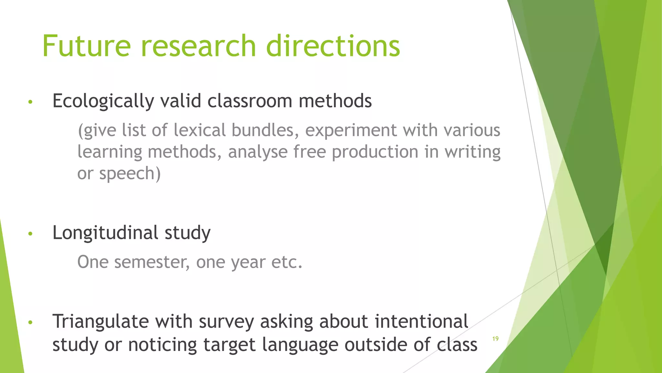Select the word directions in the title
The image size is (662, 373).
pos(333,46)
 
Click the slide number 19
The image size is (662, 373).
pos(495,339)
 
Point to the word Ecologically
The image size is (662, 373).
pos(103,101)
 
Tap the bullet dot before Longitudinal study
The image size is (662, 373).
pos(30,233)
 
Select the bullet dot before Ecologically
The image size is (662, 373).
pos(30,102)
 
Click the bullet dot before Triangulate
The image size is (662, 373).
pos(30,322)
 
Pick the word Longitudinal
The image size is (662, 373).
pos(105,232)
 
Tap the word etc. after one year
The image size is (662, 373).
pos(287,262)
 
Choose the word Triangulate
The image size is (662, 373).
pos(101,322)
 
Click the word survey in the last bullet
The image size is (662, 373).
pos(226,322)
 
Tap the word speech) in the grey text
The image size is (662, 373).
pos(130,174)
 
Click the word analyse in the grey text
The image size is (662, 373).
pos(258,152)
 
